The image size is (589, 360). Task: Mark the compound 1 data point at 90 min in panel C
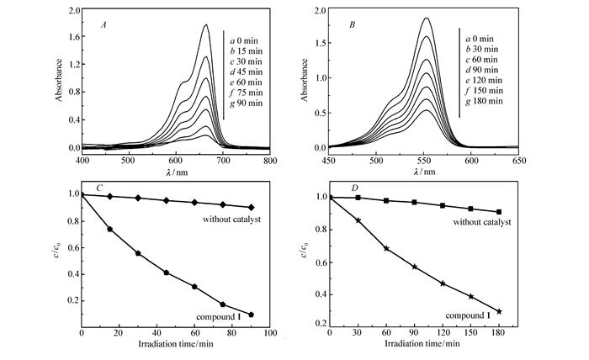click(252, 315)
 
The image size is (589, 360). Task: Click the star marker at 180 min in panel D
click(499, 311)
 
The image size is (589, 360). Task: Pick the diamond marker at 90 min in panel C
click(252, 207)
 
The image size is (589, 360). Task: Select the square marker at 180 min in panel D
click(499, 212)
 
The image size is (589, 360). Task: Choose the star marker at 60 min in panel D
click(386, 248)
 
